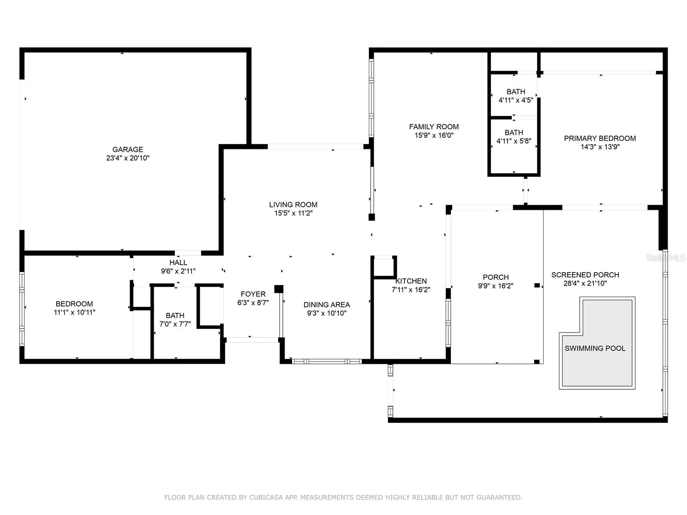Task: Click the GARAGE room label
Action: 128,149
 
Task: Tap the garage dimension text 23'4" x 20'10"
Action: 128,158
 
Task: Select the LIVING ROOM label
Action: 293,205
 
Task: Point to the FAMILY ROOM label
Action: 434,127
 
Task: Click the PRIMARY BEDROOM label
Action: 600,138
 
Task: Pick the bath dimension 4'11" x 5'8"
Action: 514,141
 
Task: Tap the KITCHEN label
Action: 411,281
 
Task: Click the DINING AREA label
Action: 327,305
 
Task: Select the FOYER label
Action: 253,294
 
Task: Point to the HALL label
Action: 178,262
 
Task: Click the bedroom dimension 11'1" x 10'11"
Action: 74,312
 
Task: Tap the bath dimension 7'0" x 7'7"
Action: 175,324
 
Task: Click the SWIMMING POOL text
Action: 595,348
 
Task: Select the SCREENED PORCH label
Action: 585,275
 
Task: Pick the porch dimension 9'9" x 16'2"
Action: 496,286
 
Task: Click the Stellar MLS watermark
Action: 666,258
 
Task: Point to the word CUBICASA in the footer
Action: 266,497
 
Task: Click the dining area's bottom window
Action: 327,361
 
